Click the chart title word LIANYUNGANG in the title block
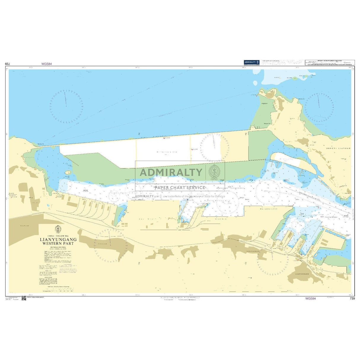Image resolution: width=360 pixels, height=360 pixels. [x=58, y=239]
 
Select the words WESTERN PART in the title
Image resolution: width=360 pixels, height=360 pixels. [x=58, y=243]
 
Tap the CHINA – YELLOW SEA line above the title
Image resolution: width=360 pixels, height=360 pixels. [x=58, y=236]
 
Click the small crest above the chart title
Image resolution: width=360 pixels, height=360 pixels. [x=58, y=229]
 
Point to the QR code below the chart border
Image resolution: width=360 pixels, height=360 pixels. [x=24, y=298]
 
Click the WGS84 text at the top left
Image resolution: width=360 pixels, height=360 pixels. [x=47, y=64]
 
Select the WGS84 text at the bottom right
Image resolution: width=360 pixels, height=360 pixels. [x=310, y=299]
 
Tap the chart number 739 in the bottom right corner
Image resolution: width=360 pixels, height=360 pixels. [x=352, y=299]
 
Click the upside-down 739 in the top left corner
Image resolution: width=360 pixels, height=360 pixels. [x=8, y=64]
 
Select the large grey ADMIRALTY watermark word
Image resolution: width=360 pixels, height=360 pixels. [x=171, y=172]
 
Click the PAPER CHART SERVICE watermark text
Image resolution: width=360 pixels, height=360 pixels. [x=180, y=187]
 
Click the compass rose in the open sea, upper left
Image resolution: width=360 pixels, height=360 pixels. [x=66, y=106]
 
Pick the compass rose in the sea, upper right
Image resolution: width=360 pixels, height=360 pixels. [x=319, y=107]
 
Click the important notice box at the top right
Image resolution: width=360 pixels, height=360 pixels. [x=330, y=62]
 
